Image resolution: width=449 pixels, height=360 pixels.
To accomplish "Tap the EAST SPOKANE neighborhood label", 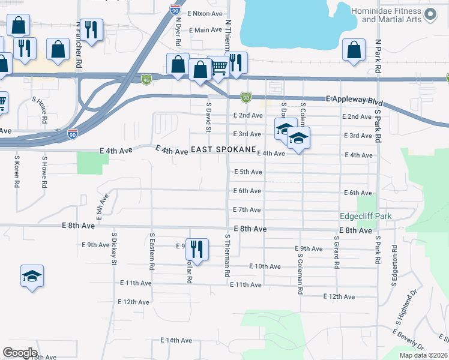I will tap(223, 149).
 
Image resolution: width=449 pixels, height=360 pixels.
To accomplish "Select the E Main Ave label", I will tap(206, 30).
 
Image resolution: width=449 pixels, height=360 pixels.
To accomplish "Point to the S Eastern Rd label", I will tap(152, 251).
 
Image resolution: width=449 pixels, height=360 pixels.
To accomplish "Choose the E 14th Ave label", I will tap(176, 340).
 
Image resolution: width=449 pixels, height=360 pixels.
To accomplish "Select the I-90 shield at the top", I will tap(174, 10).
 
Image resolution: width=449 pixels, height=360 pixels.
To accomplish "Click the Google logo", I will tap(20, 353).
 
